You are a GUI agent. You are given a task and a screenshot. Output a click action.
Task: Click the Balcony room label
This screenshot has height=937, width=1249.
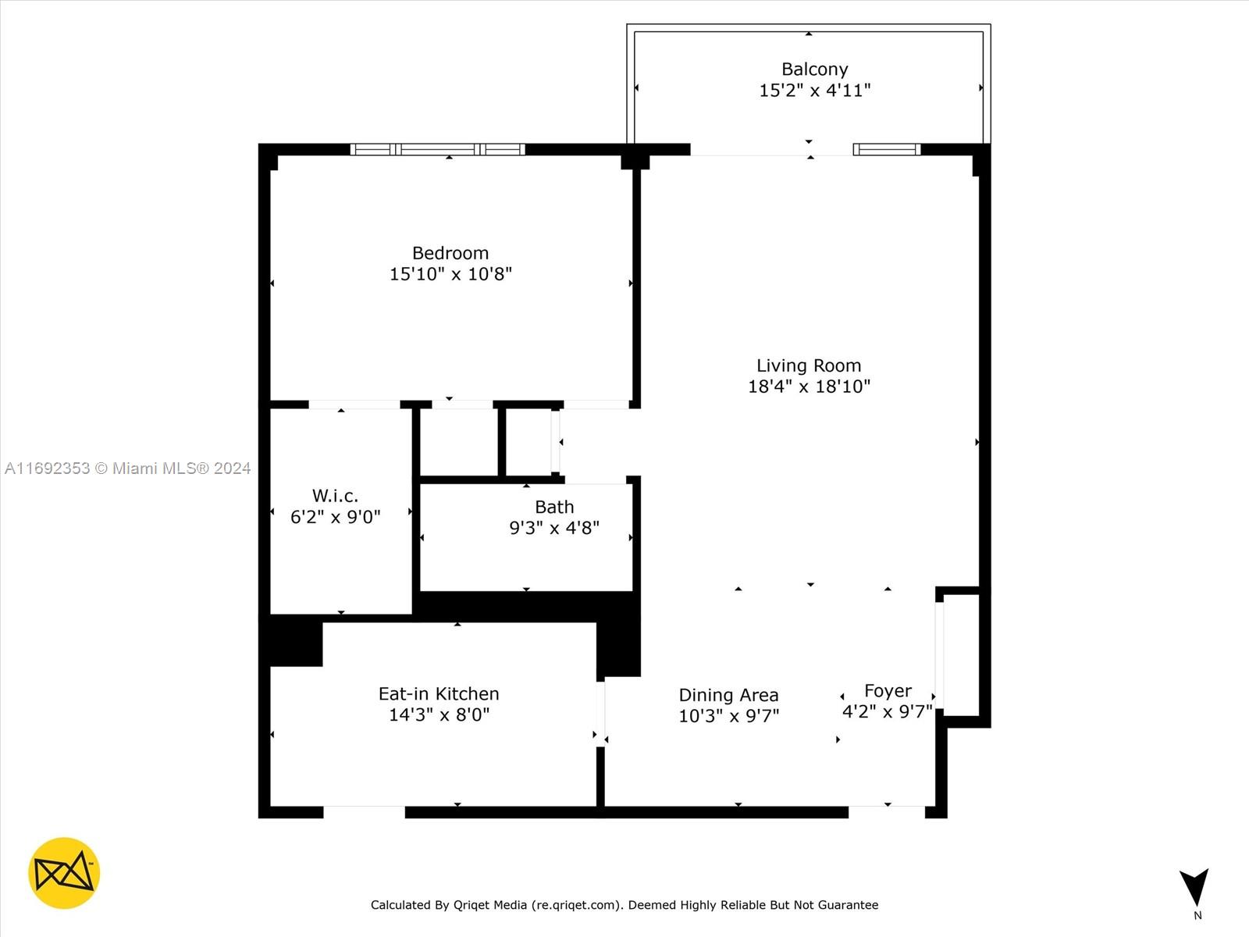pyautogui.click(x=815, y=69)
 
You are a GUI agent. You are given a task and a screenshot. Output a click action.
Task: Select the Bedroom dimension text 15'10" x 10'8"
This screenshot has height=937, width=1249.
pyautogui.click(x=450, y=274)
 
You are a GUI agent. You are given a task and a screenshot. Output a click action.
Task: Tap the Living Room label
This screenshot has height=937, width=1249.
pyautogui.click(x=809, y=365)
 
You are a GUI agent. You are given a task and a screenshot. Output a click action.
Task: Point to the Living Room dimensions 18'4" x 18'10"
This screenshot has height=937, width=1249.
pyautogui.click(x=809, y=387)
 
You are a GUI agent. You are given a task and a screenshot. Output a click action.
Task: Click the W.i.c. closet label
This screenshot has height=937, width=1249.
pyautogui.click(x=335, y=496)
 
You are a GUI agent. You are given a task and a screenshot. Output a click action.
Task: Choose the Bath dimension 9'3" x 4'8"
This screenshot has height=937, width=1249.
pyautogui.click(x=554, y=528)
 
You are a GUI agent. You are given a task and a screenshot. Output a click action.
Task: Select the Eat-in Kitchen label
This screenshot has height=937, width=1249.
pyautogui.click(x=439, y=693)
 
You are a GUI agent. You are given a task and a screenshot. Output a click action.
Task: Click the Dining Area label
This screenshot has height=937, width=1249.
pyautogui.click(x=728, y=695)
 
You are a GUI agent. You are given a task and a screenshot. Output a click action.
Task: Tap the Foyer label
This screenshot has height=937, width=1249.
pyautogui.click(x=888, y=691)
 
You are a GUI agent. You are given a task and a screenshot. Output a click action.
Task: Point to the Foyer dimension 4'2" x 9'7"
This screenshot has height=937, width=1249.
pyautogui.click(x=887, y=711)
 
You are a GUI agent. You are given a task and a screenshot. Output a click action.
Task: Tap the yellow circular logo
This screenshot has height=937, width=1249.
pyautogui.click(x=64, y=873)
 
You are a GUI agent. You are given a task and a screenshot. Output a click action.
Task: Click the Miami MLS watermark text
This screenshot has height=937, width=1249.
pyautogui.click(x=127, y=468)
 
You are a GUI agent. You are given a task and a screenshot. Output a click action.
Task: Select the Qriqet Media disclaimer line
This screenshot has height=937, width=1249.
pyautogui.click(x=624, y=904)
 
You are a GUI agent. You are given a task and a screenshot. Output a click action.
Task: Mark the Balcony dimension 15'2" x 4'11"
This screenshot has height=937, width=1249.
pyautogui.click(x=815, y=91)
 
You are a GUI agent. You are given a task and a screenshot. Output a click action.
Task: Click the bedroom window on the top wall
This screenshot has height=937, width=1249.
pyautogui.click(x=438, y=150)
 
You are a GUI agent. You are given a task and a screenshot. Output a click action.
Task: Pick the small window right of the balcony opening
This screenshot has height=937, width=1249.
pyautogui.click(x=887, y=150)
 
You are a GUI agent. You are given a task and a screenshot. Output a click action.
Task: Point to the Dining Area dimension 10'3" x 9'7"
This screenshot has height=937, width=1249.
pyautogui.click(x=728, y=716)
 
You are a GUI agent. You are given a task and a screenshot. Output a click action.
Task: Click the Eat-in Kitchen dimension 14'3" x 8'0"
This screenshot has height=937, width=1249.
pyautogui.click(x=439, y=714)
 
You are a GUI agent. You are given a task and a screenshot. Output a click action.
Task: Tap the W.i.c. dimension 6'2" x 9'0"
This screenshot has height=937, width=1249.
pyautogui.click(x=335, y=517)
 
